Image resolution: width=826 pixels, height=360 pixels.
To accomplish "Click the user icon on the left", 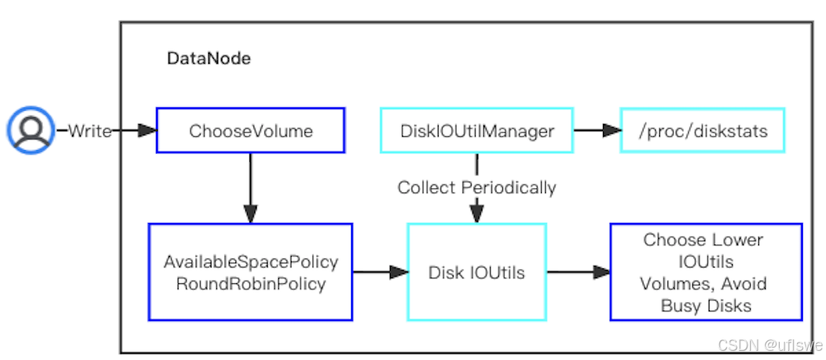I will point(31,130).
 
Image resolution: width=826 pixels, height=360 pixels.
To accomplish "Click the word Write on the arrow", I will point(89,130).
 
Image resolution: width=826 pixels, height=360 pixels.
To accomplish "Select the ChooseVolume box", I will point(251,130).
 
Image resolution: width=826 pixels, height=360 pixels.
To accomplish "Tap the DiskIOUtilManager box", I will point(477,130).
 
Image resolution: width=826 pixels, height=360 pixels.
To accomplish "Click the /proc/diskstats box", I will point(702,130).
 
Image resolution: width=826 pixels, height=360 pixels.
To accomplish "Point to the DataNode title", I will point(208,59).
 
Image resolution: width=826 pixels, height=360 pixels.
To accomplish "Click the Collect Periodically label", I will point(477,187).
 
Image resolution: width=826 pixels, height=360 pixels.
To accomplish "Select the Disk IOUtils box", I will point(477,272).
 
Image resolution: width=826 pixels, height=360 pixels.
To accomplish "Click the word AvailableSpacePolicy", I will point(251,262).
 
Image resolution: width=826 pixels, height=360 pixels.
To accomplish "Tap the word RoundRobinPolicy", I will point(251,283).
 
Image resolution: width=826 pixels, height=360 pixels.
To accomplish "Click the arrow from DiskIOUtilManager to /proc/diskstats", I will point(596,130).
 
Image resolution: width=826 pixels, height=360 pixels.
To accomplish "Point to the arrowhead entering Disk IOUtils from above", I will point(477,216).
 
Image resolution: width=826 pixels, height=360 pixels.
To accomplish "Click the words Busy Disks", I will point(705,306).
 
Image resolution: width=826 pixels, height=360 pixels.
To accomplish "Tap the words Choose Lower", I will point(703,240).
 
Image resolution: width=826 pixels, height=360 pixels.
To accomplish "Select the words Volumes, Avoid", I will point(704,284).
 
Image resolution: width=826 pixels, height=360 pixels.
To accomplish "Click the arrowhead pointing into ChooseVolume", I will point(147,130).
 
